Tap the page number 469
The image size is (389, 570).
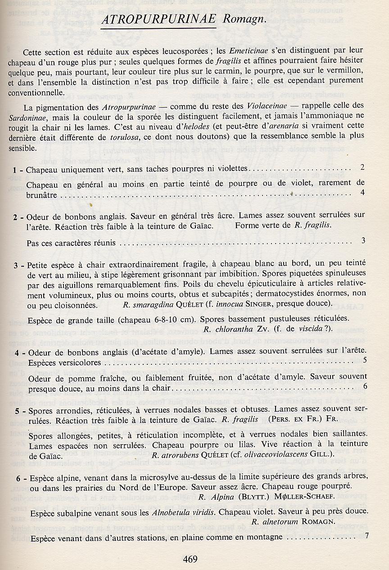[190, 559]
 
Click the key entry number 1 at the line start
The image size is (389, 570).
[15, 170]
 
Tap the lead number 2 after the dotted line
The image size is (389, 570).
[362, 167]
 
